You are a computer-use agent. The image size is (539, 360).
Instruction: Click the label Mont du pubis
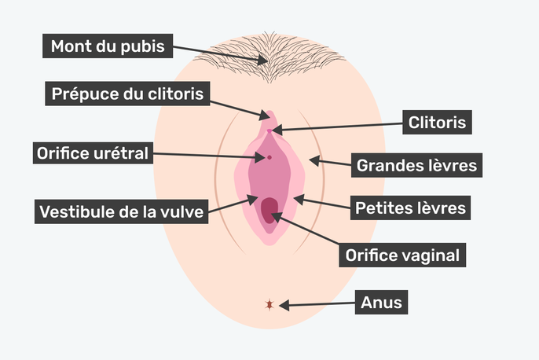(x=108, y=46)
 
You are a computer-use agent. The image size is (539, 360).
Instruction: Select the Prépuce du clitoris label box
(x=128, y=95)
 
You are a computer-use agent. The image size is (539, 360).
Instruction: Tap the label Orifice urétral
(x=93, y=153)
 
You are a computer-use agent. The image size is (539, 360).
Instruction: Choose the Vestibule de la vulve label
(x=122, y=211)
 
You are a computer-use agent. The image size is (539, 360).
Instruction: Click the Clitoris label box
(x=438, y=123)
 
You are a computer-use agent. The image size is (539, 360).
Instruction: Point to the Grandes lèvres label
(x=417, y=166)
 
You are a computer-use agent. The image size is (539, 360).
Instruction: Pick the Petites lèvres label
(x=411, y=209)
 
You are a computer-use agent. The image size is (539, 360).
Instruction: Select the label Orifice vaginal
(x=402, y=255)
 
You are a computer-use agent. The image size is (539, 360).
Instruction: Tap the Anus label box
(x=382, y=301)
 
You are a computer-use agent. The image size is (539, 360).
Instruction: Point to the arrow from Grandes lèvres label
(x=329, y=163)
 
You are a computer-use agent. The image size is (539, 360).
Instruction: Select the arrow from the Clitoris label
(x=337, y=126)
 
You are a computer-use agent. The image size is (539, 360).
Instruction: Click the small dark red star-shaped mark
(x=270, y=304)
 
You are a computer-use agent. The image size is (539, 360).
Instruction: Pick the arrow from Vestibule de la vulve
(x=232, y=204)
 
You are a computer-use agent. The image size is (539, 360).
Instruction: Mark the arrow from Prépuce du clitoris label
(x=239, y=108)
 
